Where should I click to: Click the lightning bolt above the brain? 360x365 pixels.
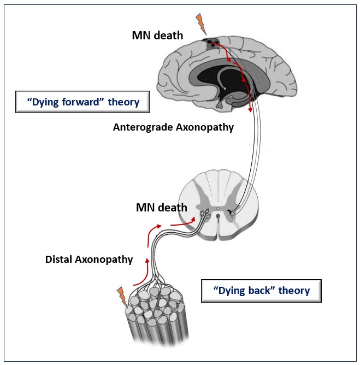click(201, 23)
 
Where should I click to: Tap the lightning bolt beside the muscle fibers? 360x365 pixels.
click(122, 297)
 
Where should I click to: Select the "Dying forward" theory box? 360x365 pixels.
click(82, 102)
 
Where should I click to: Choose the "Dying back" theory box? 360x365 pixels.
click(261, 291)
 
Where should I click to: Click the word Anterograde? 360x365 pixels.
click(143, 127)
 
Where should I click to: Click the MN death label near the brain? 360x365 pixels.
click(157, 36)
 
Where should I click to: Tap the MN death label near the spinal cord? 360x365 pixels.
click(162, 208)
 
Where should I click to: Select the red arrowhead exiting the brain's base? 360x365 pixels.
click(250, 109)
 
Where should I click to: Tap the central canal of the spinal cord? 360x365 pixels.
click(218, 209)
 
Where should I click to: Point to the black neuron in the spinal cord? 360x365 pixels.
click(230, 211)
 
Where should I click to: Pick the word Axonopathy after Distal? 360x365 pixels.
click(104, 260)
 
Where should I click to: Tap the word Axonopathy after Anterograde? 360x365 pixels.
click(205, 127)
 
